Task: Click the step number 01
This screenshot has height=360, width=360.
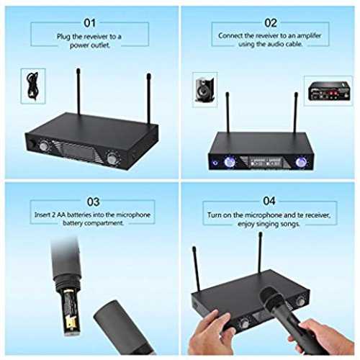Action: tap(90, 23)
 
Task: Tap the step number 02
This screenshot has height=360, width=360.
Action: tap(271, 23)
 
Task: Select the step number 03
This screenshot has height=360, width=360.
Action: tap(93, 202)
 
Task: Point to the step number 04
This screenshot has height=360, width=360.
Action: tap(269, 201)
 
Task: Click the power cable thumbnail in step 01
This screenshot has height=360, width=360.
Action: tap(33, 86)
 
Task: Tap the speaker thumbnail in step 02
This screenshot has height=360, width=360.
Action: tap(204, 89)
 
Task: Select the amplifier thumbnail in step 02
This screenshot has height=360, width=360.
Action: tap(328, 91)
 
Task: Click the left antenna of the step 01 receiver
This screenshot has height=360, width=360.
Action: tap(78, 91)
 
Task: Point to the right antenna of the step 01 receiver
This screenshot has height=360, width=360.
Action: tap(149, 99)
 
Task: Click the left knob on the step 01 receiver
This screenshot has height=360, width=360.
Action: tap(44, 145)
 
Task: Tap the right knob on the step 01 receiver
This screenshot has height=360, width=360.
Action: tap(112, 158)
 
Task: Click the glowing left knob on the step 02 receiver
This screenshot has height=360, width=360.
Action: tap(229, 162)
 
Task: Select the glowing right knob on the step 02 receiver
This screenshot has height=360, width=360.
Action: tap(300, 162)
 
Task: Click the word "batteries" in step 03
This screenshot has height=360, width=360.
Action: tap(79, 215)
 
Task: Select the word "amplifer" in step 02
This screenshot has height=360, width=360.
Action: tap(309, 36)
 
